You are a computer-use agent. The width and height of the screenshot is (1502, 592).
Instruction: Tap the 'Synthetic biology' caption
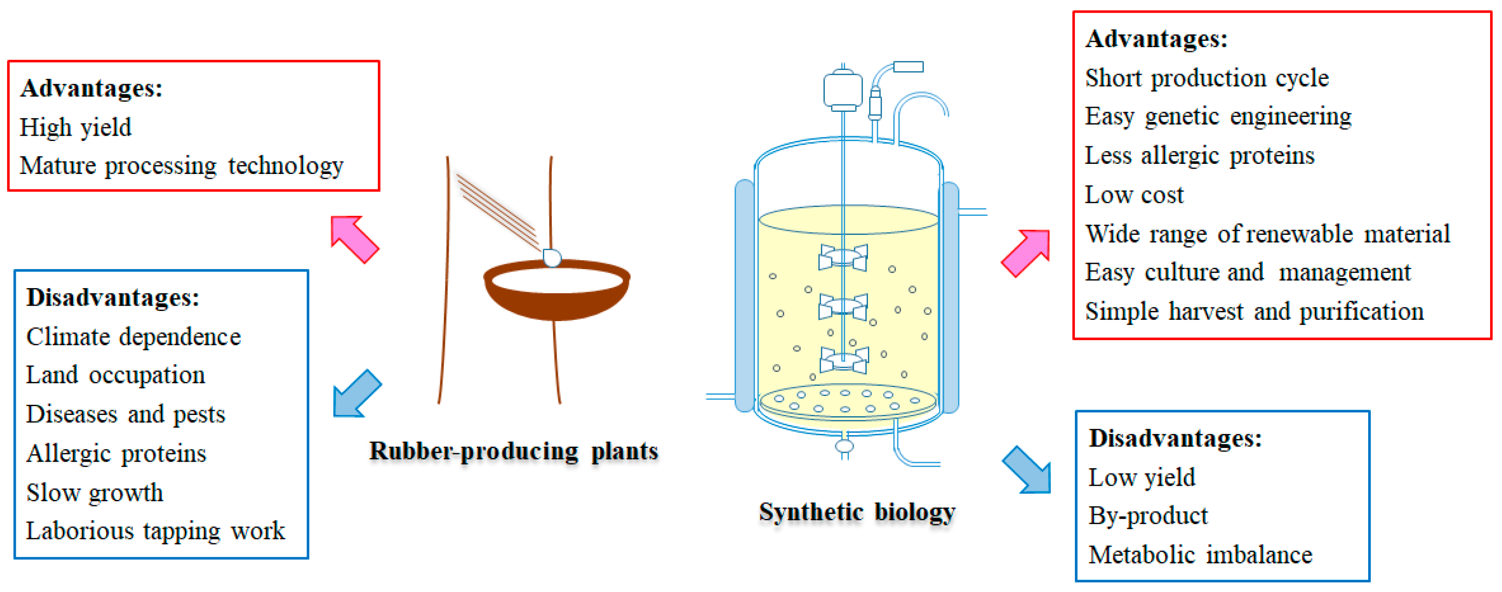tap(856, 513)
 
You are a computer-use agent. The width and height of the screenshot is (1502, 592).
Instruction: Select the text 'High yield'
tap(76, 128)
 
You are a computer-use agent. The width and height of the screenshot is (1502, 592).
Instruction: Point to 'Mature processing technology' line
tap(181, 166)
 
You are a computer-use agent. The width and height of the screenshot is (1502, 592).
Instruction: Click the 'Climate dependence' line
tap(133, 337)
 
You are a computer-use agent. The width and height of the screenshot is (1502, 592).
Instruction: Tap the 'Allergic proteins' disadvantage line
tap(117, 454)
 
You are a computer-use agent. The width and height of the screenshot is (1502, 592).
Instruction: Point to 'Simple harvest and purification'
tap(1254, 312)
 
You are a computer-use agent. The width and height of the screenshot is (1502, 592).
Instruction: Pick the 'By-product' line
tap(1148, 516)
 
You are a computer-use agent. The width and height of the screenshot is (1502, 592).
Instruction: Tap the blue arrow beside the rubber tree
tap(356, 394)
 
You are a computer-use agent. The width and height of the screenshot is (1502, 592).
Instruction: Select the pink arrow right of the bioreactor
tap(1026, 252)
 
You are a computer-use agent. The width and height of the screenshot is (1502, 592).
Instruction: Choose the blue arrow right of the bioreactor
tap(1027, 470)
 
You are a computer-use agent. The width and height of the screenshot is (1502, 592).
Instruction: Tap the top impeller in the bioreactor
tap(843, 257)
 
